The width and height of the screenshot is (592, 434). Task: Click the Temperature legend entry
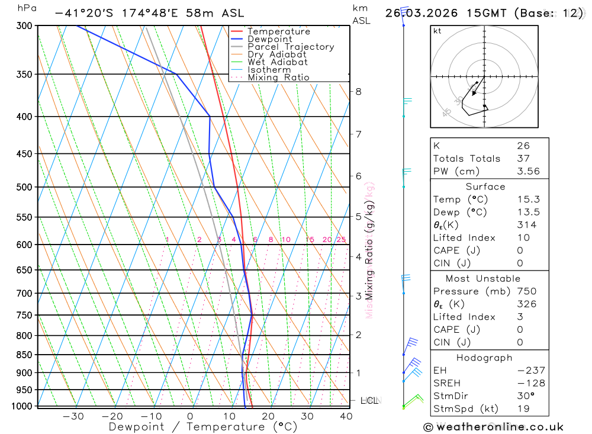(278, 31)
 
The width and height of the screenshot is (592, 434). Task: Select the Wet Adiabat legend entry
(277, 62)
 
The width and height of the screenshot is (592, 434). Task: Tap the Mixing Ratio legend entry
(278, 78)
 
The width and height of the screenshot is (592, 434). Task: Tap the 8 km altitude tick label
(358, 91)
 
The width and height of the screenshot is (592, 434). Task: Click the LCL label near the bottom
(369, 401)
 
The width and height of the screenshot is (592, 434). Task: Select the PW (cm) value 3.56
(527, 171)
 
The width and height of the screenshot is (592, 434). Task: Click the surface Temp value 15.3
(527, 200)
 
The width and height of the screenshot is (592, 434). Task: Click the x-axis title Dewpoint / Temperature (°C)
(203, 426)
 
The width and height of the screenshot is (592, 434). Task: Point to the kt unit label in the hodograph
(437, 31)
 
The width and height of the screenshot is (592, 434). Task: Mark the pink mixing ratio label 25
(341, 239)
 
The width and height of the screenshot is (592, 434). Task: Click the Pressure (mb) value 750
(527, 291)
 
